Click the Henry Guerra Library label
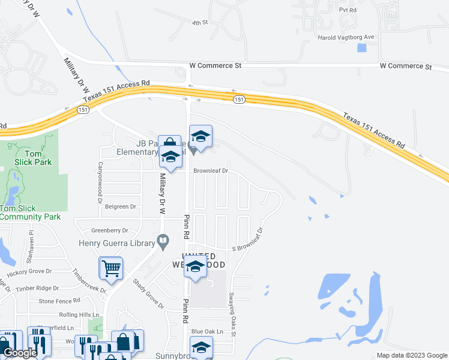point(116,242)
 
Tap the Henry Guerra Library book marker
point(163,242)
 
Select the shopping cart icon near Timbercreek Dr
point(111,269)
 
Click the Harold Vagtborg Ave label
point(345,37)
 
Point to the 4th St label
point(199,23)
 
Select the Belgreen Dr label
point(121,206)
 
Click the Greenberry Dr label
point(110,230)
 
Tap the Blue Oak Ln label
point(207,331)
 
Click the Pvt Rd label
point(348,11)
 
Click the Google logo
point(20,353)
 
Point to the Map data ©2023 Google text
point(411,355)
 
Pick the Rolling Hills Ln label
point(79,315)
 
